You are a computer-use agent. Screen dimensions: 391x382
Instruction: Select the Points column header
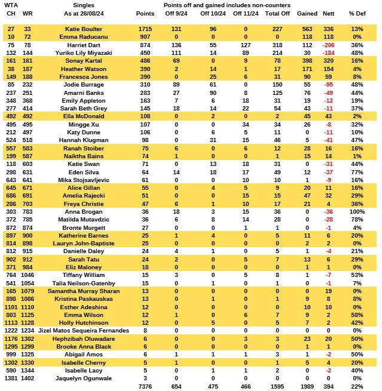pyautogui.click(x=145, y=13)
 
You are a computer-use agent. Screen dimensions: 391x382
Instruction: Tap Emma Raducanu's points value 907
pyautogui.click(x=145, y=36)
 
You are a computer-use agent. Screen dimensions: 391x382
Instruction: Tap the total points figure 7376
pyautogui.click(x=145, y=387)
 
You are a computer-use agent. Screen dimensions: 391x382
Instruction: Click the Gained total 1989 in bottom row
pyautogui.click(x=304, y=387)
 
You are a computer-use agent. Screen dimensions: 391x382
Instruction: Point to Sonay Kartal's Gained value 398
pyautogui.click(x=304, y=61)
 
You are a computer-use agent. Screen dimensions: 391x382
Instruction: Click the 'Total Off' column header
pyautogui.click(x=277, y=13)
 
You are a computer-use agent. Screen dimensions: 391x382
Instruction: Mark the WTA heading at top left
pyautogui.click(x=11, y=5)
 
